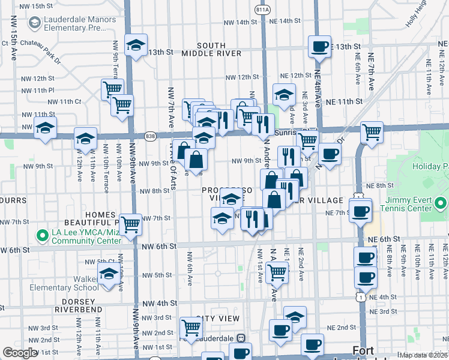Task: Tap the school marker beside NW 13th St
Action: [x=136, y=45]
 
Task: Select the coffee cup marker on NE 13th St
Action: [x=319, y=47]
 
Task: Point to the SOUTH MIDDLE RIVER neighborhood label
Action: [x=211, y=49]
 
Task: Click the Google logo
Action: [x=20, y=353]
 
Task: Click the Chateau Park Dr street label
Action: [x=41, y=43]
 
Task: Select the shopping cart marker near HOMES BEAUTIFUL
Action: [x=130, y=224]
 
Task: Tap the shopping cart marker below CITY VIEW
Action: [x=191, y=328]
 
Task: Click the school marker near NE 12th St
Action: [x=284, y=94]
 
